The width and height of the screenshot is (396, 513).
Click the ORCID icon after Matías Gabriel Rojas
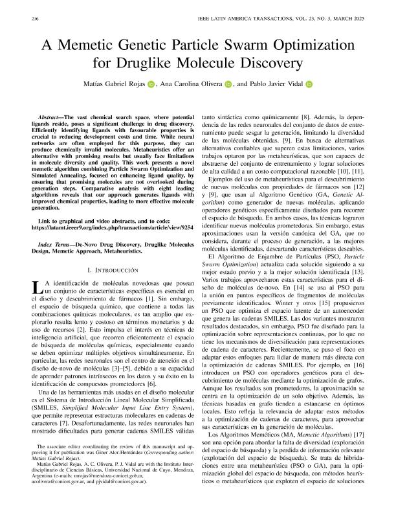click(151, 84)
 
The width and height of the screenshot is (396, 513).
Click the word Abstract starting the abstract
click(52, 113)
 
